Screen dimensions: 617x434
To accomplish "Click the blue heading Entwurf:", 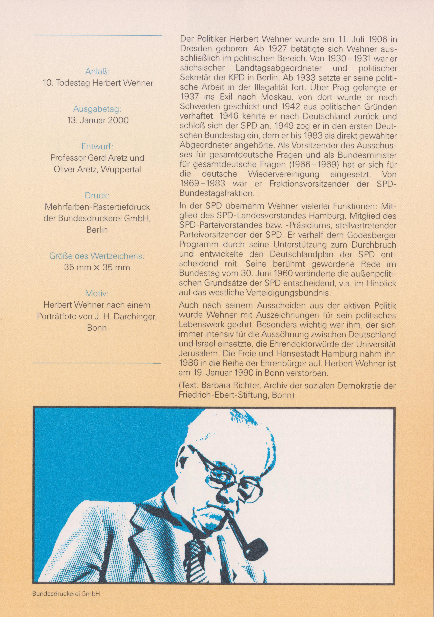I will click(x=97, y=147).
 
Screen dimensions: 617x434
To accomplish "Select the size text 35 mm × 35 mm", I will click(x=97, y=267).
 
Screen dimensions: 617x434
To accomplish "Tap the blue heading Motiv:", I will click(x=97, y=293).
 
